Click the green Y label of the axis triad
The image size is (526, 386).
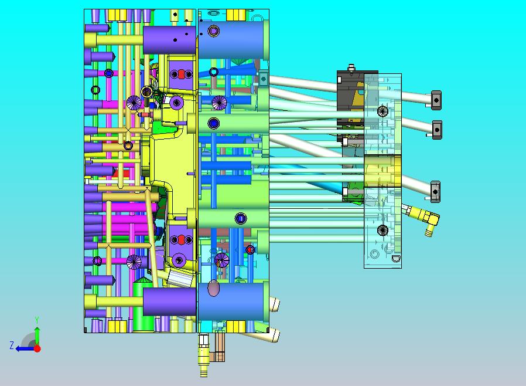pos(37,320)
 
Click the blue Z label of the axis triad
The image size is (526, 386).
pos(12,346)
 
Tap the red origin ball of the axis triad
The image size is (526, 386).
pos(37,348)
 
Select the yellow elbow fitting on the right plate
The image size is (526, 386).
pos(423,218)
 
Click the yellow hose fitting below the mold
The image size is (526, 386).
pos(204,355)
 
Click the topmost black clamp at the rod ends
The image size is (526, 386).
pos(436,100)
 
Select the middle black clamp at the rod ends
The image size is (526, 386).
pos(437,130)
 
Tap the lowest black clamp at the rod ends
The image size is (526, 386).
pos(435,192)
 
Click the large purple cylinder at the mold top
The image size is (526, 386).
pos(169,40)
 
